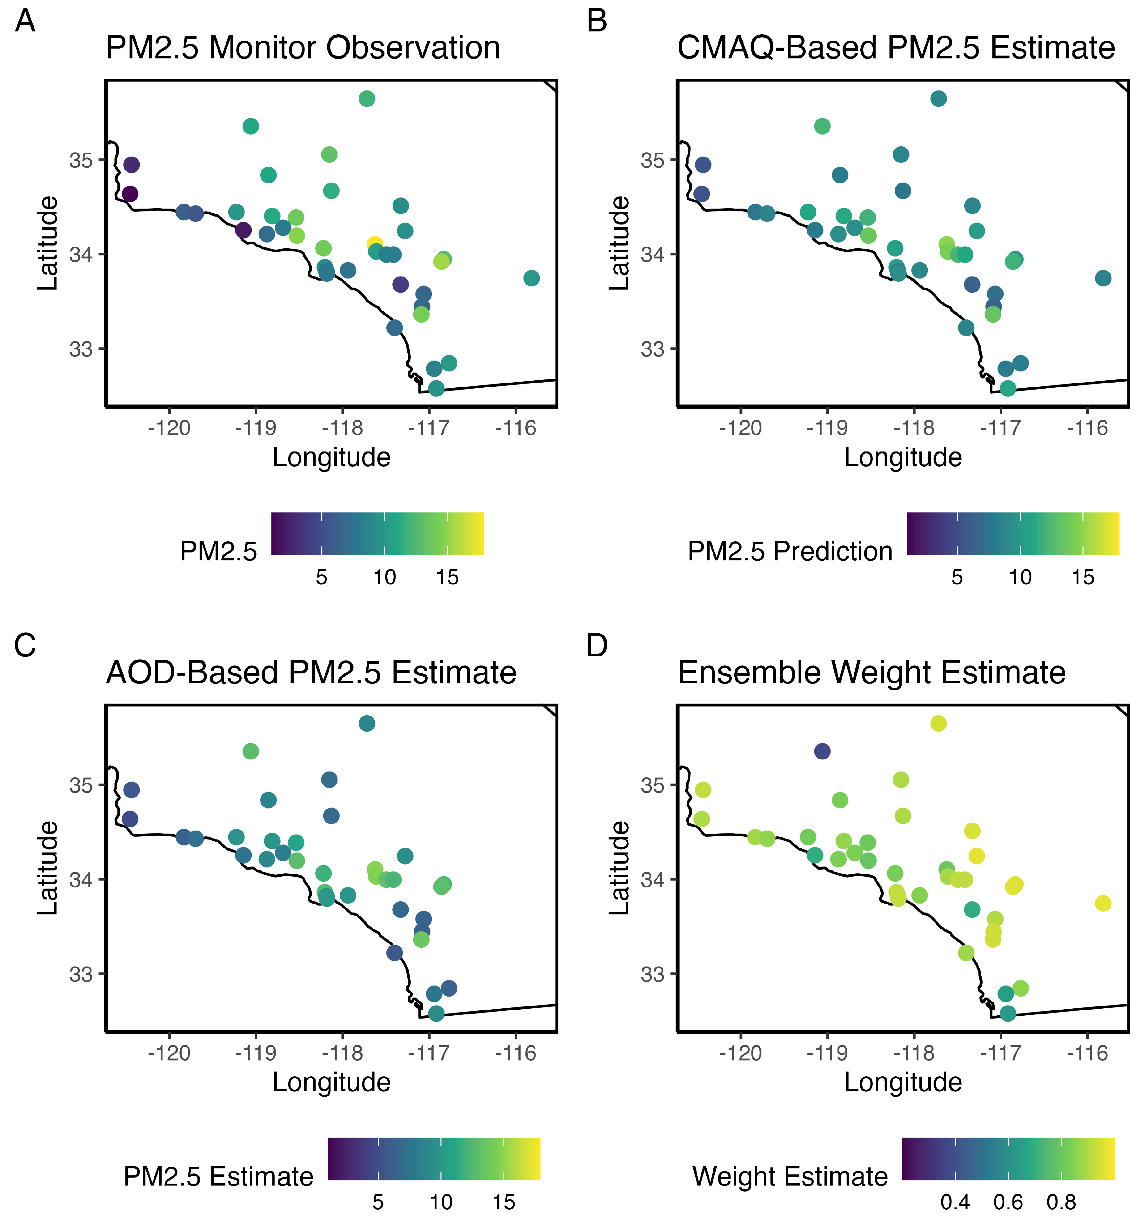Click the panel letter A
(x=25, y=22)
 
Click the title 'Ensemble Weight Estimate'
(x=871, y=672)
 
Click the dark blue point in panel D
(x=822, y=751)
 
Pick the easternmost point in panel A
(x=531, y=278)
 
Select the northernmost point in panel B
(x=938, y=98)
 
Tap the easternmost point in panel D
(x=1103, y=903)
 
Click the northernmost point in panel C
(x=367, y=724)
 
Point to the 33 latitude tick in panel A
(x=81, y=349)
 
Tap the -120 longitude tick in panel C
(x=169, y=1053)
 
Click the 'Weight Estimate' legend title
(x=790, y=1177)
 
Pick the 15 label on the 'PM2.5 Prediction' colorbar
(x=1083, y=577)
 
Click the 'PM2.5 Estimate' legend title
(x=218, y=1177)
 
